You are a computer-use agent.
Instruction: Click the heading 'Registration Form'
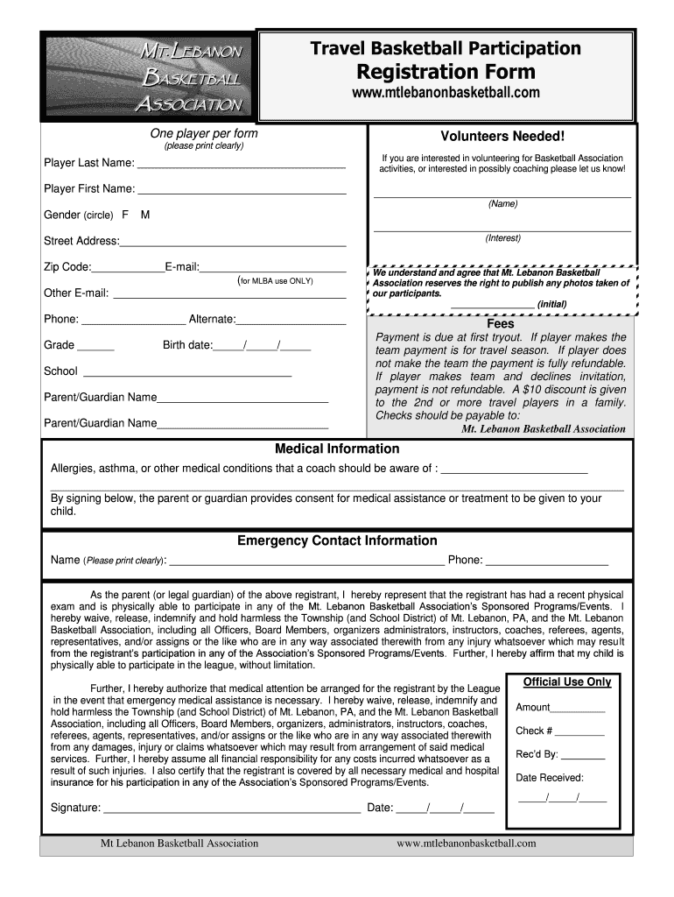(x=446, y=71)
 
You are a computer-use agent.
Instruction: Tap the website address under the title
(x=446, y=93)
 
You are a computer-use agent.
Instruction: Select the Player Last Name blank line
(x=241, y=165)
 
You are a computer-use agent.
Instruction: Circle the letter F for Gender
(x=125, y=215)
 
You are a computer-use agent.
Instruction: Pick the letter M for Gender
(x=144, y=215)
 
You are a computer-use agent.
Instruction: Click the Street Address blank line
(x=233, y=244)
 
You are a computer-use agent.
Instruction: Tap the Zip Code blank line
(x=127, y=269)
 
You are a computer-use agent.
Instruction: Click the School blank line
(x=186, y=374)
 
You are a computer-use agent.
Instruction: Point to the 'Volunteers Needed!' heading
(x=502, y=136)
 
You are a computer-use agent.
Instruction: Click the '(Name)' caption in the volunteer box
(x=502, y=204)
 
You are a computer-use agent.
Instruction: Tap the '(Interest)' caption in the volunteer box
(x=502, y=238)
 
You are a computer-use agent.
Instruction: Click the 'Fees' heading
(x=500, y=323)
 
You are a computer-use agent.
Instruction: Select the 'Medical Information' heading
(x=337, y=448)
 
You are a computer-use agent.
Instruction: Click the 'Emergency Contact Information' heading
(x=337, y=540)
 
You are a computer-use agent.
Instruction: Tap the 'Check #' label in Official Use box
(x=534, y=731)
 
